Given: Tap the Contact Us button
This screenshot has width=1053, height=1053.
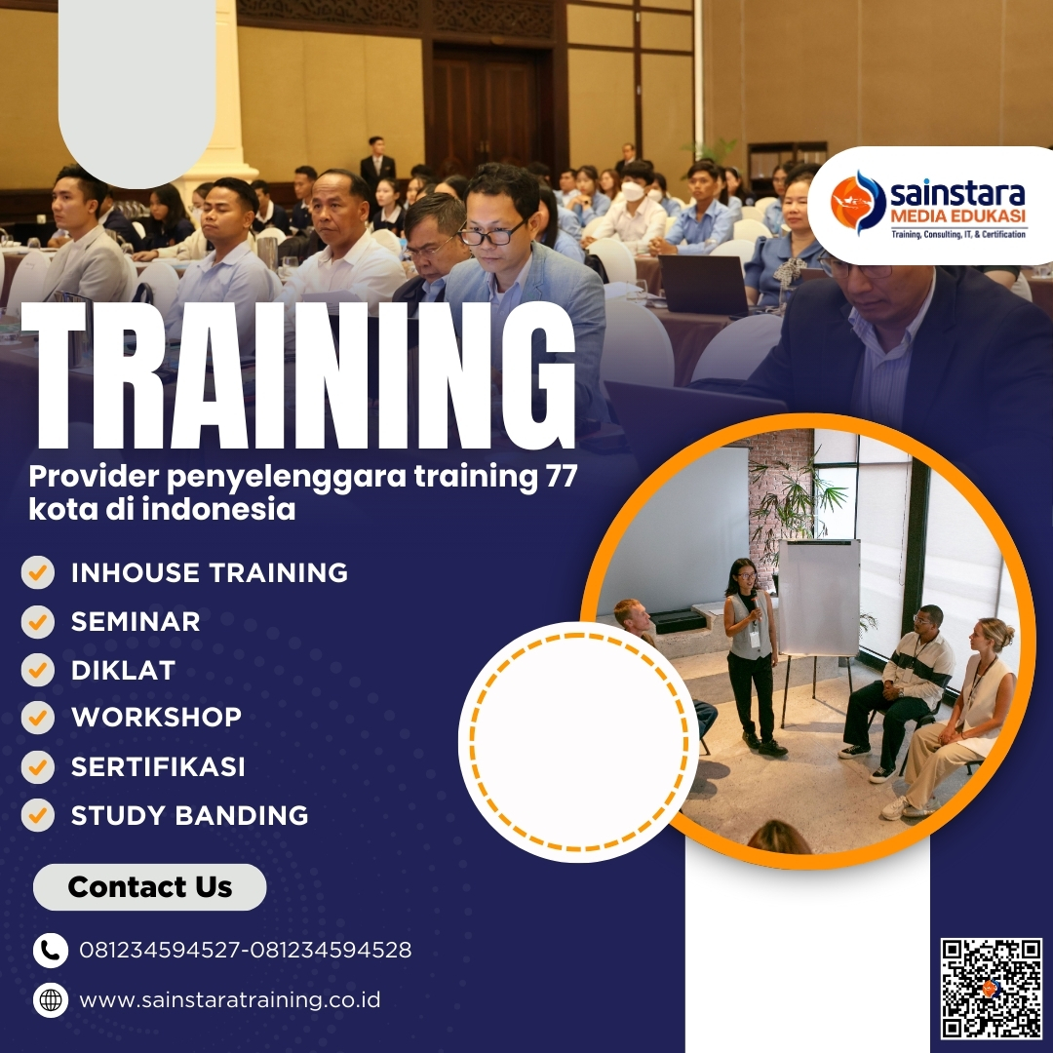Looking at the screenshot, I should tap(150, 887).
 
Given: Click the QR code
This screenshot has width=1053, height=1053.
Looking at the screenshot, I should tap(992, 989).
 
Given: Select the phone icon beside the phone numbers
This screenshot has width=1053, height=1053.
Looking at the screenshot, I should tap(50, 950).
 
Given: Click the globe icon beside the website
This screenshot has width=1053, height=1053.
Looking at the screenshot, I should tap(50, 1000).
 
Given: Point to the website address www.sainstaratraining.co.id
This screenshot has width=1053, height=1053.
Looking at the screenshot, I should tap(230, 1000).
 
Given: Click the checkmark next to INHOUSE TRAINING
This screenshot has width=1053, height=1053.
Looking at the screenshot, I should tap(38, 572).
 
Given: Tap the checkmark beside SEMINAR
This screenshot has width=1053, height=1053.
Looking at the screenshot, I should tap(38, 621).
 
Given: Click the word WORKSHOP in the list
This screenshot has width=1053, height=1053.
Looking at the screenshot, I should tap(156, 718).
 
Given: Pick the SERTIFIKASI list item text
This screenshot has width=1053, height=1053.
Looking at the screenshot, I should tap(158, 766).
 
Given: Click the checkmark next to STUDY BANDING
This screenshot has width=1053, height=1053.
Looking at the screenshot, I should tap(38, 815).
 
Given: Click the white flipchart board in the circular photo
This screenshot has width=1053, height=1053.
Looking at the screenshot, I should tap(818, 597).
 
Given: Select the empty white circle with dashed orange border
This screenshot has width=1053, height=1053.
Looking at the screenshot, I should tap(578, 741).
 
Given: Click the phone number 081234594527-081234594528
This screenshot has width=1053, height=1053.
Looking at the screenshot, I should tap(246, 950).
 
